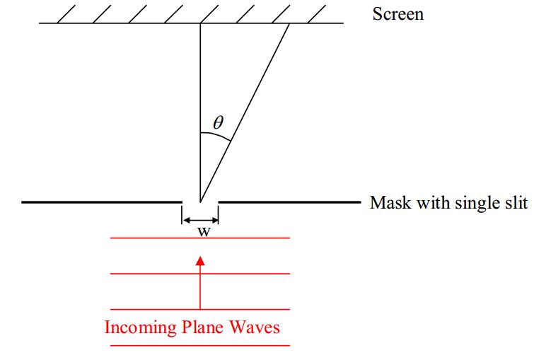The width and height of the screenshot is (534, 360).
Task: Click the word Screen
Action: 397,13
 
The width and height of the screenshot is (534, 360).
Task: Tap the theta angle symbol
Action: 218,122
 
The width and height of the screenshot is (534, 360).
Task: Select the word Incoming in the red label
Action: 137,327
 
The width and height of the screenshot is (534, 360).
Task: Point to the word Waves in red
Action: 255,327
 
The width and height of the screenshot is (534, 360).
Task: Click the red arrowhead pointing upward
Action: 200,261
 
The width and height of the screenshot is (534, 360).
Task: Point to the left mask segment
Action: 99,202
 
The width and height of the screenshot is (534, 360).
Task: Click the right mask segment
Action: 290,202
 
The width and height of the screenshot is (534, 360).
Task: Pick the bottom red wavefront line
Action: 200,345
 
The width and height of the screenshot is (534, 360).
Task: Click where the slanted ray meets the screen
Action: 290,24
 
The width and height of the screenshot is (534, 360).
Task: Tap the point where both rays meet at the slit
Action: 200,202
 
